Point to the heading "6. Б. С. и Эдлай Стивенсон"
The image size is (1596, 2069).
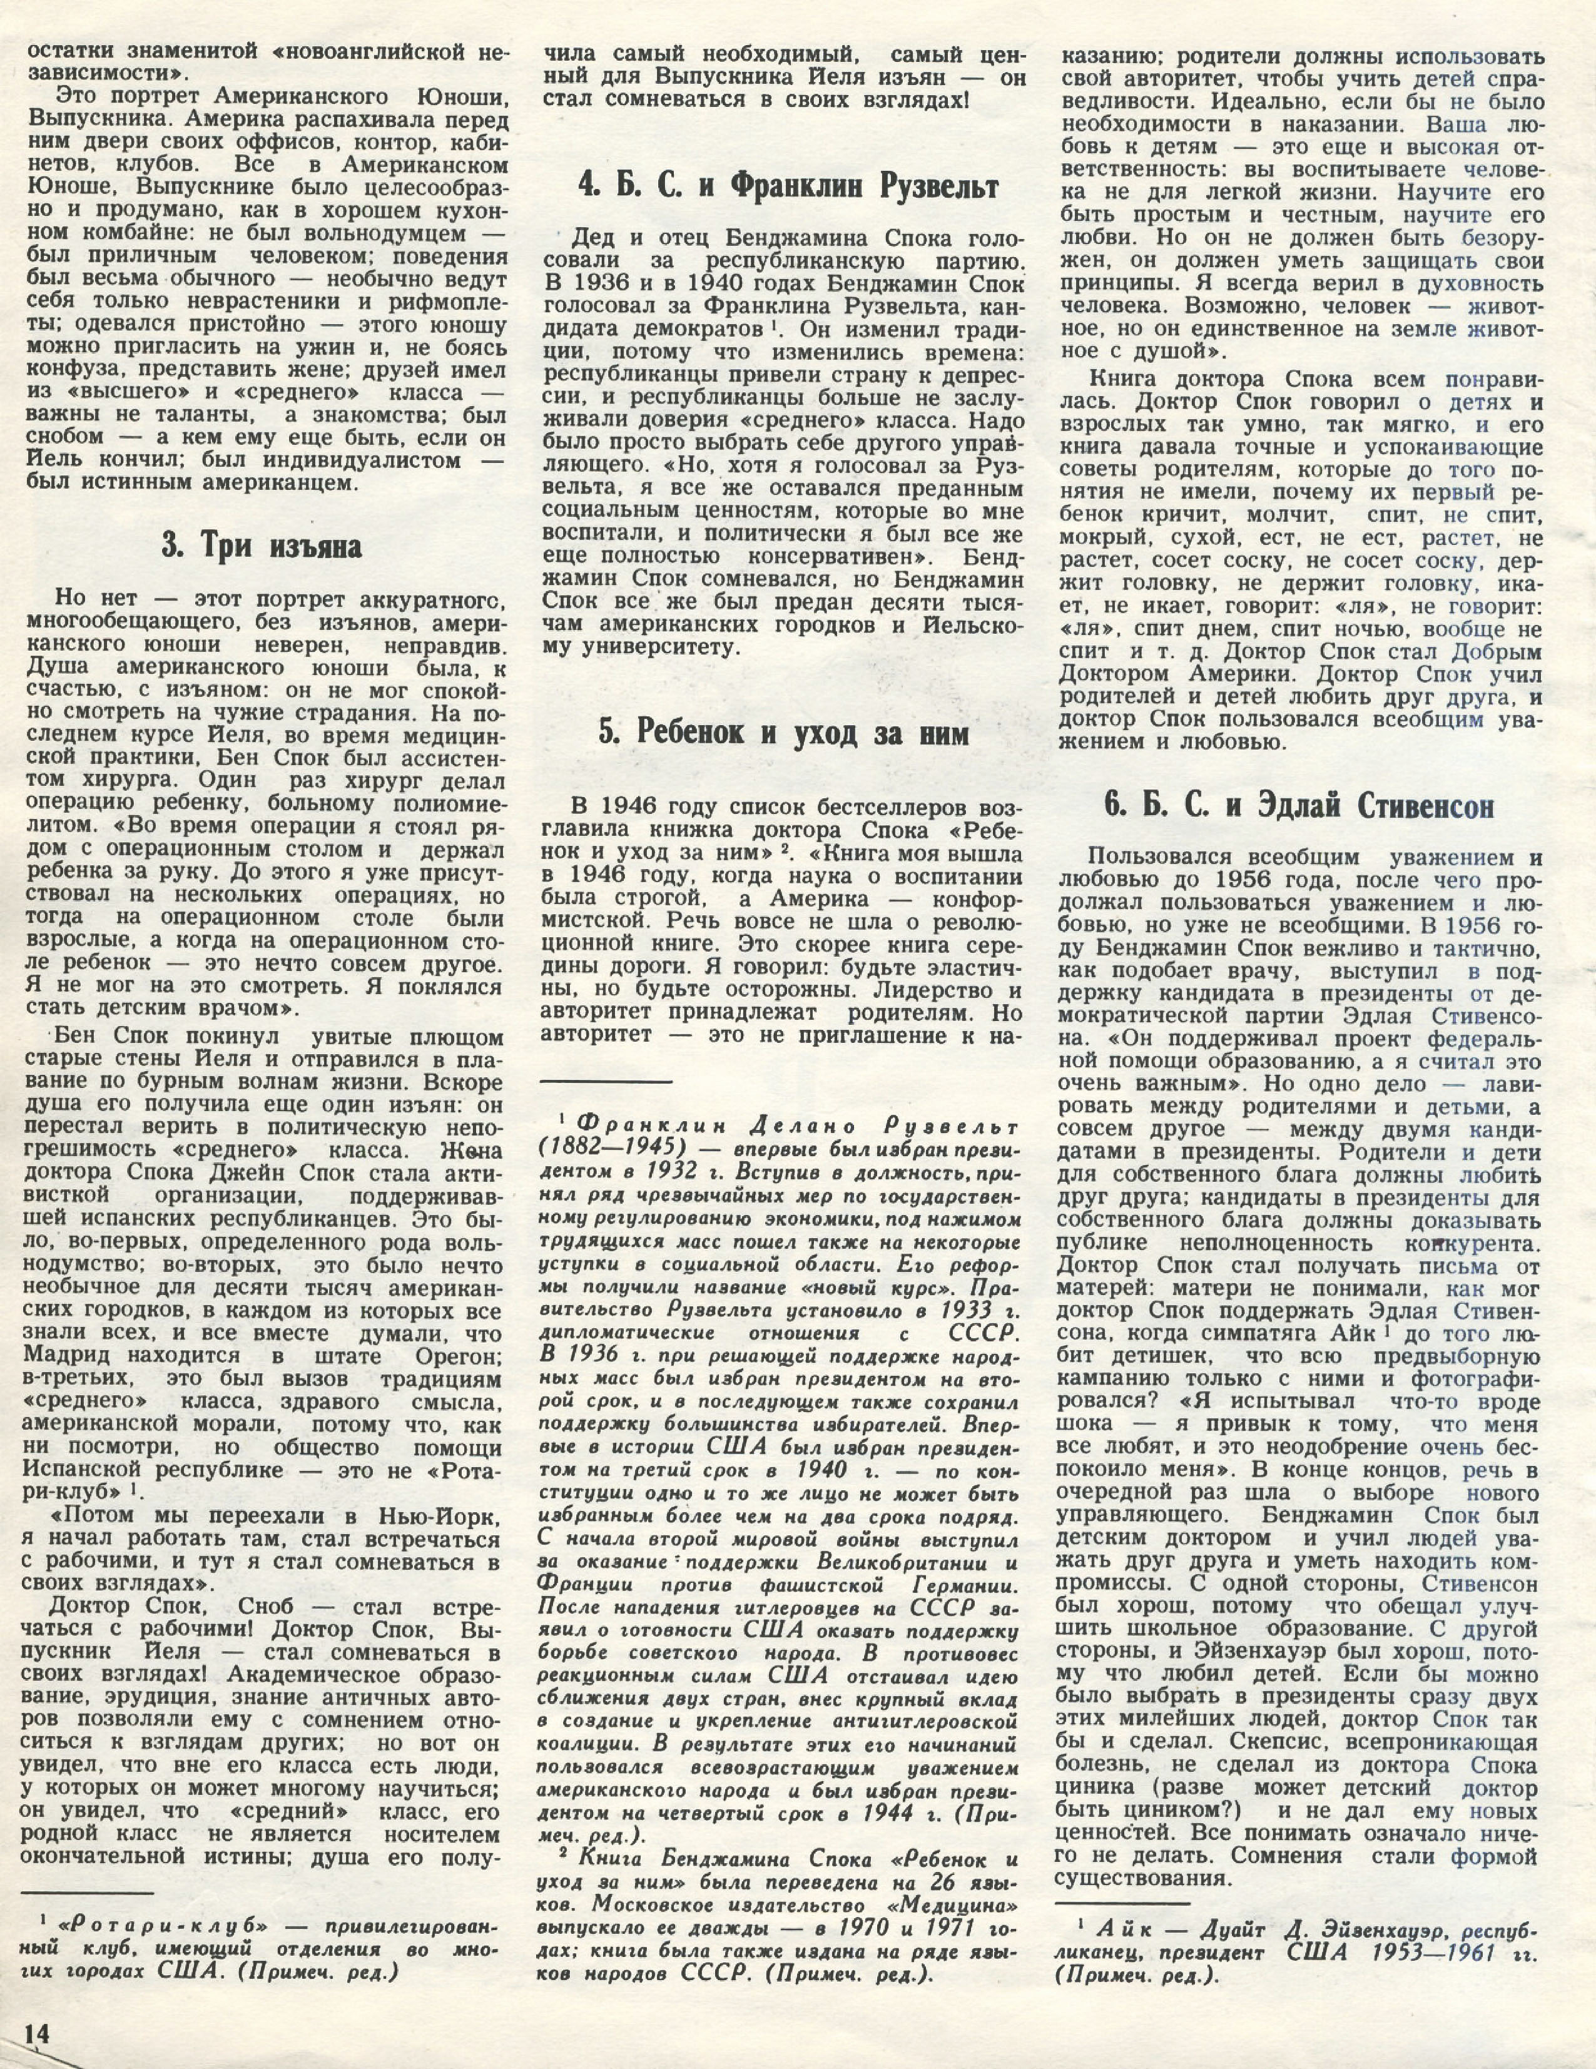tap(1299, 808)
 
